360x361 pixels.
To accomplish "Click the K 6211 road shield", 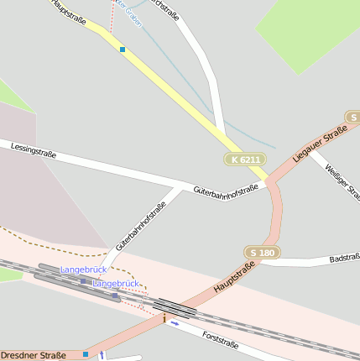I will point(245,160).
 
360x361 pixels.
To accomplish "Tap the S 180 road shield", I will point(262,253).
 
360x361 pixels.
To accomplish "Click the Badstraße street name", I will point(344,258).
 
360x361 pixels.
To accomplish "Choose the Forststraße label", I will point(221,340).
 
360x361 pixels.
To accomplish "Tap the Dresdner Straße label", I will point(33,355).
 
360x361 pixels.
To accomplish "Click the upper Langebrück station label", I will point(84,269).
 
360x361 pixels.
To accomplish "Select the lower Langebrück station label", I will point(115,284).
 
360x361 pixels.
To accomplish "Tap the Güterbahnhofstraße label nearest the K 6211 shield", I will point(225,191).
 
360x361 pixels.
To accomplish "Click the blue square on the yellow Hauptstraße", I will point(123,50).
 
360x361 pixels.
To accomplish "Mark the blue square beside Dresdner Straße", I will point(86,354).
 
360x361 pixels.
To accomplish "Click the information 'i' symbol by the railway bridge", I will point(164,319).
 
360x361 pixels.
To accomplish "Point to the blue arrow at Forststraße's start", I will point(175,322).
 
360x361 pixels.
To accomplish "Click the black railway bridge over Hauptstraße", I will point(175,308).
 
